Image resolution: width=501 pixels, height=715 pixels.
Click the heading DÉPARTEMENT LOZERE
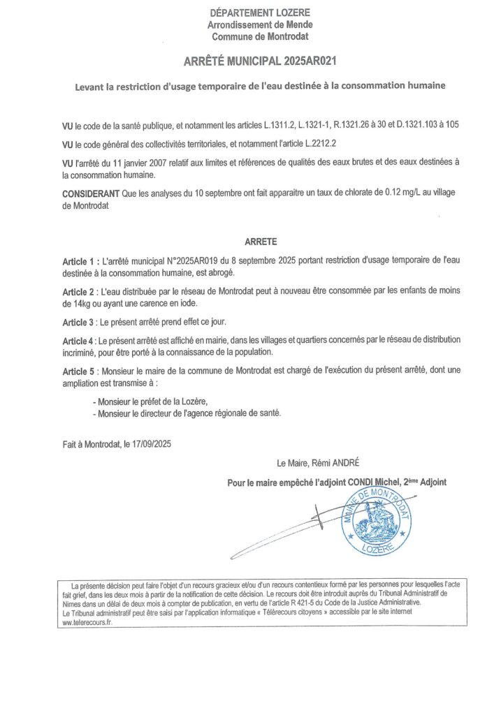260,13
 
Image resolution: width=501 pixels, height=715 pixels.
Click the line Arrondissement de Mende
260,24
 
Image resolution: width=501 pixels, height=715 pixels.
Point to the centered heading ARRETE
260,242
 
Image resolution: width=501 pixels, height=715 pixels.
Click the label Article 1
79,260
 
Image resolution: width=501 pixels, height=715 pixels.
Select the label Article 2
79,290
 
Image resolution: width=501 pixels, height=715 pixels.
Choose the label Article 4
79,340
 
